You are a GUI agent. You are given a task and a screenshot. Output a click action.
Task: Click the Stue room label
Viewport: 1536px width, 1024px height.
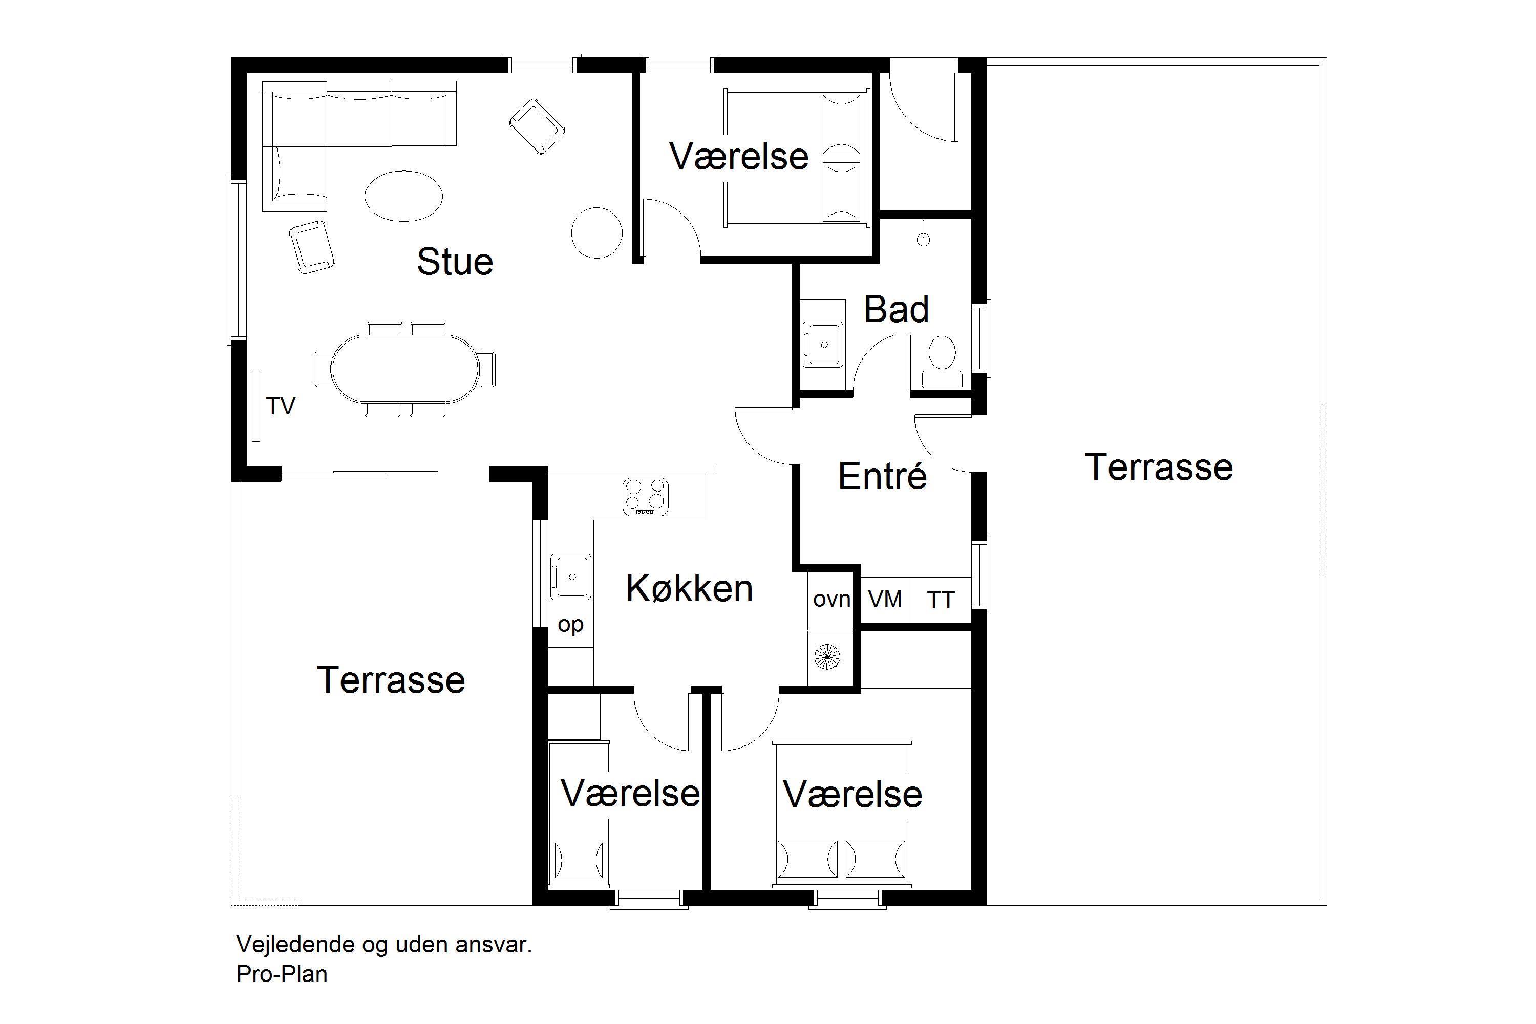455,261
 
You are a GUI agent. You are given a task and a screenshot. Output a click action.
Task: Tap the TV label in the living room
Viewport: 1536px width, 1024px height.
281,406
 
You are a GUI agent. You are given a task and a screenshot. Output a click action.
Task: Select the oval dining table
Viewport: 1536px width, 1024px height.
405,369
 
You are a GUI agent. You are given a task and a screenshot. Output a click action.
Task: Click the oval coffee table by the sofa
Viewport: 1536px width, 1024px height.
403,196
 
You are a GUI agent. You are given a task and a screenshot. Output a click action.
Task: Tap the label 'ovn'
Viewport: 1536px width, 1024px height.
831,599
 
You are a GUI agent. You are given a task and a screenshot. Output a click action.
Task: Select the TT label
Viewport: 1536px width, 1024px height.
941,600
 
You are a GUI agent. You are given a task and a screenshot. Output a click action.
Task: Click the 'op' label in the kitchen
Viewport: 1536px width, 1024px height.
570,625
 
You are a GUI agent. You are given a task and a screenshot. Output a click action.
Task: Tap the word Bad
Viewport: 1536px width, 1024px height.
896,310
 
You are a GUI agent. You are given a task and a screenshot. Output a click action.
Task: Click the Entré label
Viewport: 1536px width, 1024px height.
882,476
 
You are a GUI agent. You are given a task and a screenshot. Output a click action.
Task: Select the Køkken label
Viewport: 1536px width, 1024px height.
689,588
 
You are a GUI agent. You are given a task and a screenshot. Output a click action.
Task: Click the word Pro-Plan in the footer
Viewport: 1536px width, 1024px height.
282,974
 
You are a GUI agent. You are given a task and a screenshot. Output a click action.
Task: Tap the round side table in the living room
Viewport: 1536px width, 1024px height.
596,232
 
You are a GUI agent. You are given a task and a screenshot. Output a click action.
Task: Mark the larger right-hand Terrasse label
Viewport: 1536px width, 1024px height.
1159,467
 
